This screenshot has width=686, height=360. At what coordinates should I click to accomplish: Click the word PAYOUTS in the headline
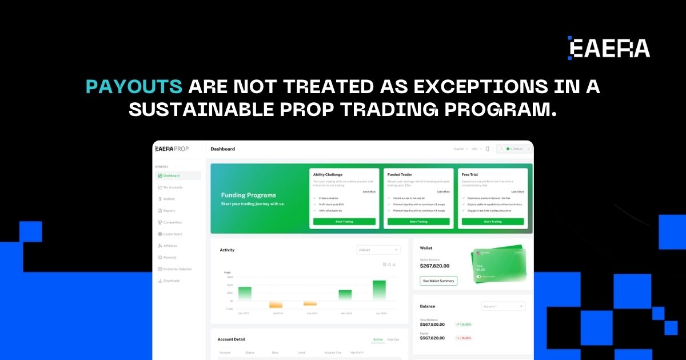134,87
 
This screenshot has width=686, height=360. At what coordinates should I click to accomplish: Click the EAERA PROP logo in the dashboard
172,149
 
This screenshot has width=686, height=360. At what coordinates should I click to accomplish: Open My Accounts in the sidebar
173,187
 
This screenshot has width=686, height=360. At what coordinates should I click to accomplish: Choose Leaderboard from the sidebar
173,234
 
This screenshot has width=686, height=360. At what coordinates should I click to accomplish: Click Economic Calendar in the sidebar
177,269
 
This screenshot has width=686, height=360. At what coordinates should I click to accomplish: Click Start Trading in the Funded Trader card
418,222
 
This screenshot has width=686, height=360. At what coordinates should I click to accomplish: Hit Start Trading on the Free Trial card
493,222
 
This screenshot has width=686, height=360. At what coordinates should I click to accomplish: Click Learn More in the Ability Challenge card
369,192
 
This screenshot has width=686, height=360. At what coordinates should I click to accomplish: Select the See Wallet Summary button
438,281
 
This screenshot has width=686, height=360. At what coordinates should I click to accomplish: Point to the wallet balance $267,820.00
434,266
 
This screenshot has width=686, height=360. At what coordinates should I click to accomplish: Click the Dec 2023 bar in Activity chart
245,293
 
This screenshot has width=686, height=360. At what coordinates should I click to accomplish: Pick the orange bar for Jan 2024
276,305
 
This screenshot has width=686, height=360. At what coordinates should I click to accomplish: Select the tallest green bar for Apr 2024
379,290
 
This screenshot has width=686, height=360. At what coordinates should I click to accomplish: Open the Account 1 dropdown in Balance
503,306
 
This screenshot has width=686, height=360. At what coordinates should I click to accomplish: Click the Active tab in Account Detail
378,339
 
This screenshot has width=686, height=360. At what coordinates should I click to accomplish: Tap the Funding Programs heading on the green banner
248,195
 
